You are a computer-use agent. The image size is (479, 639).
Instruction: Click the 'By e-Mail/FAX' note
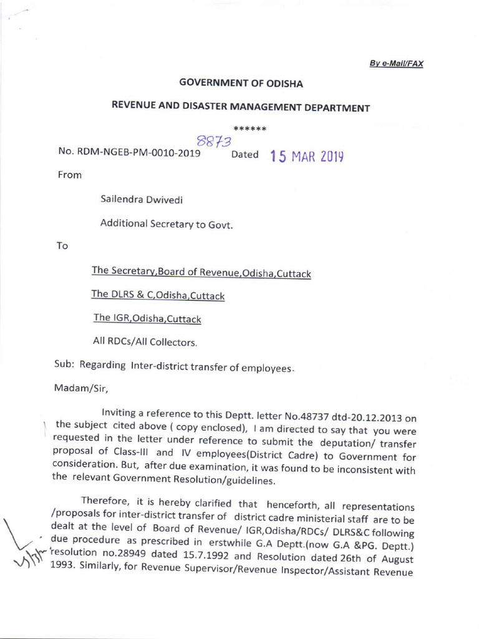pos(396,64)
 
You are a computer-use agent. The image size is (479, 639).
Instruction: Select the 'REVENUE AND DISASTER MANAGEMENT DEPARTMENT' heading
pos(240,107)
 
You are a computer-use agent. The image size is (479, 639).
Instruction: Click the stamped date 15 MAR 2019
pos(307,156)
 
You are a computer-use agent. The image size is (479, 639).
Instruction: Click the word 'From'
pos(69,175)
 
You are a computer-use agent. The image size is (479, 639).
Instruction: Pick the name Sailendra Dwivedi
pos(142,200)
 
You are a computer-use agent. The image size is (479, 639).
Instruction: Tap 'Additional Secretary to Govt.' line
pos(167,223)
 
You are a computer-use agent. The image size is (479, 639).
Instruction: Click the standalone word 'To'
pos(62,246)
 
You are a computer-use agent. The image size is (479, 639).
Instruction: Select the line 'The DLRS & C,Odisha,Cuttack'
pos(158,295)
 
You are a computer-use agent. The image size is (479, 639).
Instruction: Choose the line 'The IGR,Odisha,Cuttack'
pos(147,318)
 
